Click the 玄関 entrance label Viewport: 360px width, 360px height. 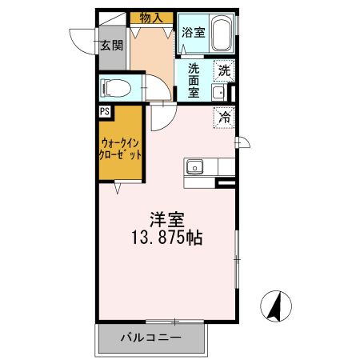112,46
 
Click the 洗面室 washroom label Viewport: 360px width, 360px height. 194,80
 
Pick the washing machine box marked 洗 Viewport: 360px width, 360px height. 225,70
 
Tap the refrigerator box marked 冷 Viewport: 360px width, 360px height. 225,117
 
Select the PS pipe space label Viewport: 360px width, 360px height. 105,112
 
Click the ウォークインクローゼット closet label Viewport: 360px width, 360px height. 120,150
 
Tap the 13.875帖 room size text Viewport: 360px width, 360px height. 166,238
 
